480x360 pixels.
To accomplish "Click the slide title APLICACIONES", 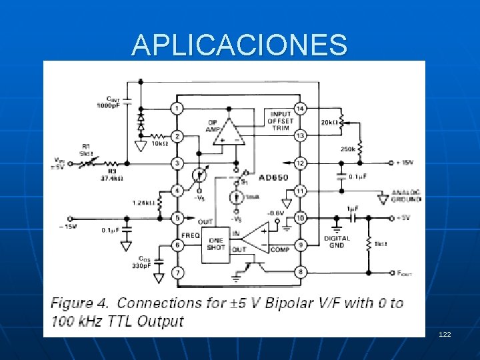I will tap(239, 45).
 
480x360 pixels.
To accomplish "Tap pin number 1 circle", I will tap(177, 108).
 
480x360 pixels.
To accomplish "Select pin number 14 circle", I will tap(300, 108).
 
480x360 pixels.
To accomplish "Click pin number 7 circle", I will tap(177, 272).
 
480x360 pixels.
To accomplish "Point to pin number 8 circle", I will tap(300, 272).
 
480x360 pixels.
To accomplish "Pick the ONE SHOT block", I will tap(215, 243).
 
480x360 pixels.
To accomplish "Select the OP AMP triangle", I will tap(229, 131).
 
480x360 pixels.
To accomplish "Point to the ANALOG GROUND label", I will tap(406, 195).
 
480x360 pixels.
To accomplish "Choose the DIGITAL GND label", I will tap(337, 242).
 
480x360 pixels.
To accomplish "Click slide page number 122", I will tap(445, 333).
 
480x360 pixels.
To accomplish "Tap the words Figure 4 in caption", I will tap(81, 303).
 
